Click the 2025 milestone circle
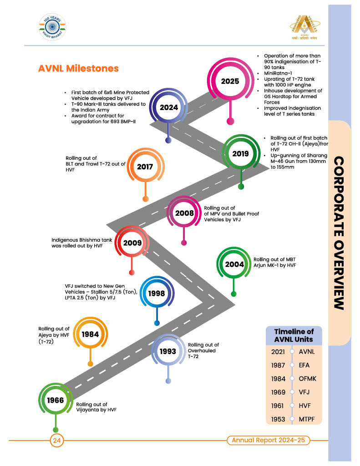pos(230,81)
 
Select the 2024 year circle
pos(168,107)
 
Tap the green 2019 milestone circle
pos(240,153)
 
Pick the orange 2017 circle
pos(145,167)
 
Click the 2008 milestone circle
pos(184,213)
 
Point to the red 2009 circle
pos(132,243)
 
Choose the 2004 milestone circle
pos(234,265)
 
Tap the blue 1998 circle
pos(157,294)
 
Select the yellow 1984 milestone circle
pos(90,334)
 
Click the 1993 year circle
pos(168,352)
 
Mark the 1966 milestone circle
pos(56,400)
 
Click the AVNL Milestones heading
pos(79,68)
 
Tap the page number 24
pos(57,440)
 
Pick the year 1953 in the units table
pos(278,419)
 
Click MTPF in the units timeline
pos(307,419)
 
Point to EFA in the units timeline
pos(305,365)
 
